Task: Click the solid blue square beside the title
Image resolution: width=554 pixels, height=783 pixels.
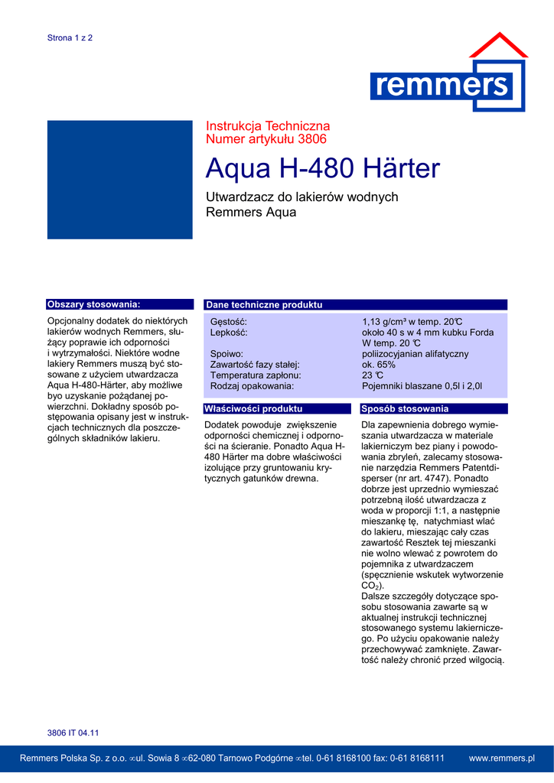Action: coord(119,179)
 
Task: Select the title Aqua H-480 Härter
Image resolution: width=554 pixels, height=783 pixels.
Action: coord(323,168)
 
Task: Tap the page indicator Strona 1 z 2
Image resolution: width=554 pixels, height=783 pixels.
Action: coord(70,37)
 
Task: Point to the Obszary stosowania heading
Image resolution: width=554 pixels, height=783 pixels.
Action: coord(93,304)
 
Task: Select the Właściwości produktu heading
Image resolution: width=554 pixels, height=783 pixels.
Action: coord(253,409)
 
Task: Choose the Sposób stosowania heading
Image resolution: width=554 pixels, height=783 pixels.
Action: coord(405,409)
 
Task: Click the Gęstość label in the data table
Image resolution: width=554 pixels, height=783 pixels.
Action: coord(229,322)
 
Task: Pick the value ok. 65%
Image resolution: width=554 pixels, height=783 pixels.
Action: coord(379,365)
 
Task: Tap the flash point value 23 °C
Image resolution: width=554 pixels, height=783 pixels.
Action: coord(373,375)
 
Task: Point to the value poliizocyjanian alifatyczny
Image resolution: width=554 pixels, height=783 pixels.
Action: coord(415,354)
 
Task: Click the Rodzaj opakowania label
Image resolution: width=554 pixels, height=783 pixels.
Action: coord(252,386)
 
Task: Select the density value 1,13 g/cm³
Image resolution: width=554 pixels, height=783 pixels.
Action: coord(386,322)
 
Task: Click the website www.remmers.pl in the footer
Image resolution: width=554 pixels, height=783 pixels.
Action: coord(501,758)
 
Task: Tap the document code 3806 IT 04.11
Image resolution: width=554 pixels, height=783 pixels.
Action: coord(73,733)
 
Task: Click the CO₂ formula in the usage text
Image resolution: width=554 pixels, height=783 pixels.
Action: coord(367,586)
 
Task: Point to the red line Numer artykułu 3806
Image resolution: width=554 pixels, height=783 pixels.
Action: coord(266,139)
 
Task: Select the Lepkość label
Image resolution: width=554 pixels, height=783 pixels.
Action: coord(229,333)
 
